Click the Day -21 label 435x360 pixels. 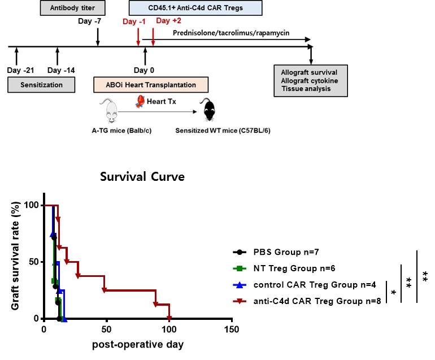[21, 70]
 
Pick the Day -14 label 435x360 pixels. [62, 70]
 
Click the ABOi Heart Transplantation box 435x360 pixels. [150, 85]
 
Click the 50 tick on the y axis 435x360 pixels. [34, 262]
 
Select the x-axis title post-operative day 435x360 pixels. [139, 344]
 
